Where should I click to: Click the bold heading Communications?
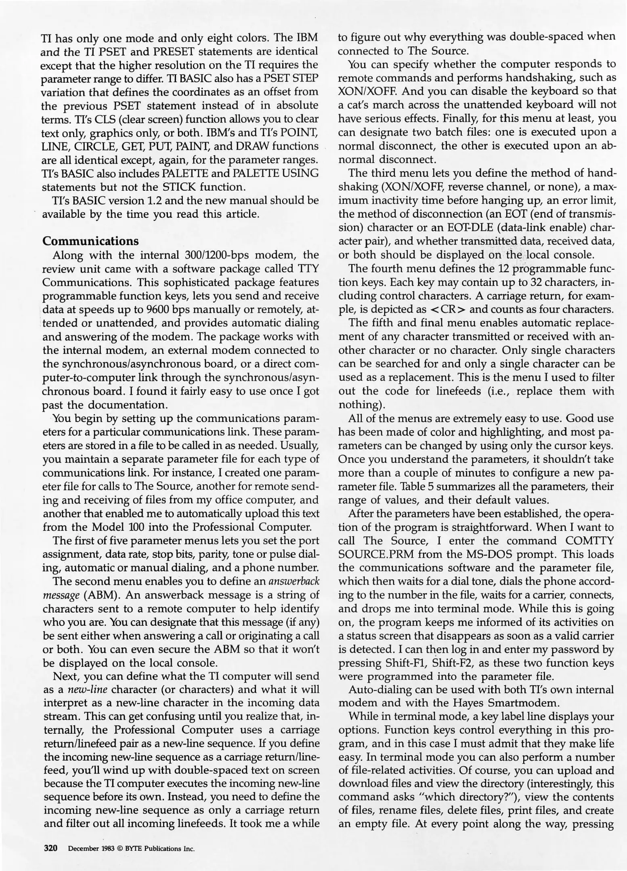pyautogui.click(x=90, y=241)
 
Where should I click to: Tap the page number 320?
pyautogui.click(x=51, y=848)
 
